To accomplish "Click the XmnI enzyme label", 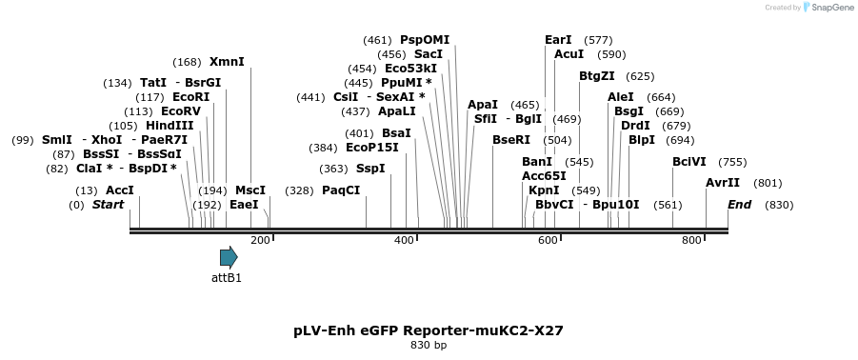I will tap(227, 62).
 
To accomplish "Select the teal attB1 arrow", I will tap(229, 257).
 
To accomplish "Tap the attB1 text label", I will tap(227, 278).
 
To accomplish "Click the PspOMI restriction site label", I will tap(425, 40).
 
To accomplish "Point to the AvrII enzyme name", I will tap(723, 183).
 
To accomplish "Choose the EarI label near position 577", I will tap(558, 40).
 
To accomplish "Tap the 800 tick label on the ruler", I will tap(692, 240).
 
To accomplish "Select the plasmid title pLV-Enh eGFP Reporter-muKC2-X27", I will tap(429, 330).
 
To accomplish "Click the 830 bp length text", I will tap(429, 345).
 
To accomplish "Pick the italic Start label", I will tap(108, 205).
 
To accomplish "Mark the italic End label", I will tap(740, 205).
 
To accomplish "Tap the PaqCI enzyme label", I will tap(341, 190).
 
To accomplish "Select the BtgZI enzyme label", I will tap(597, 76).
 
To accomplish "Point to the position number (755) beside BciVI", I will tap(732, 162).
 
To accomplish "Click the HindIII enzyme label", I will tap(170, 126).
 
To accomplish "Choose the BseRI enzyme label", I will tap(511, 140).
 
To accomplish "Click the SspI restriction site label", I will tap(370, 169).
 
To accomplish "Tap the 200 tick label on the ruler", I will tap(260, 240).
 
